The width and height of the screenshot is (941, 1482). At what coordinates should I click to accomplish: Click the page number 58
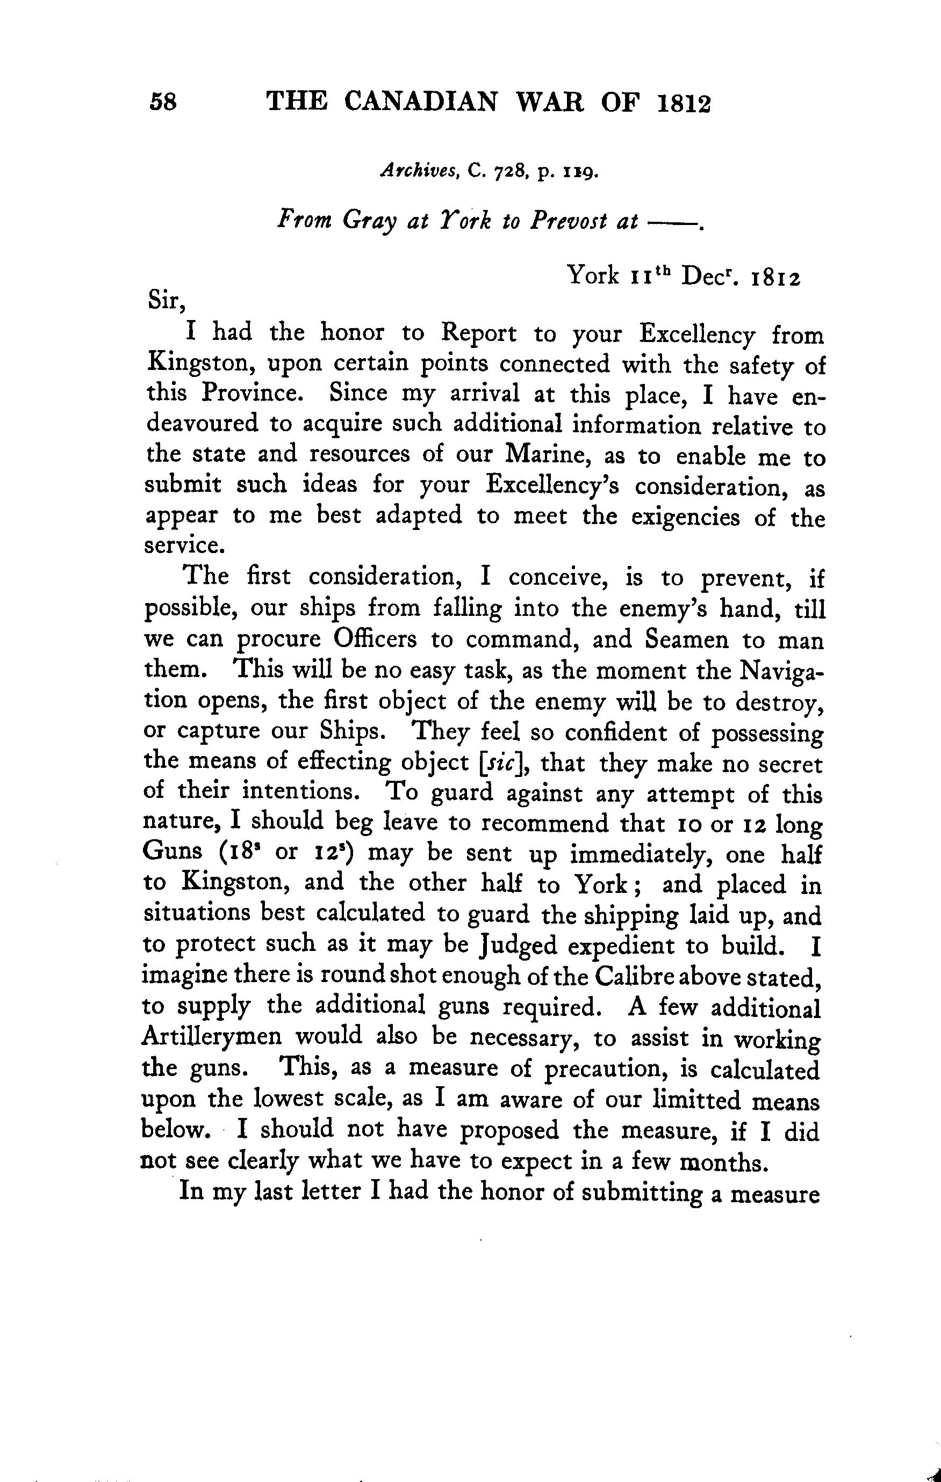[163, 101]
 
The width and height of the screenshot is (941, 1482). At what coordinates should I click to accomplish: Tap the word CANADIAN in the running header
[420, 101]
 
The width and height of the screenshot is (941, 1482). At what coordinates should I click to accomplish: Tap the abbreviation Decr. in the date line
[709, 275]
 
